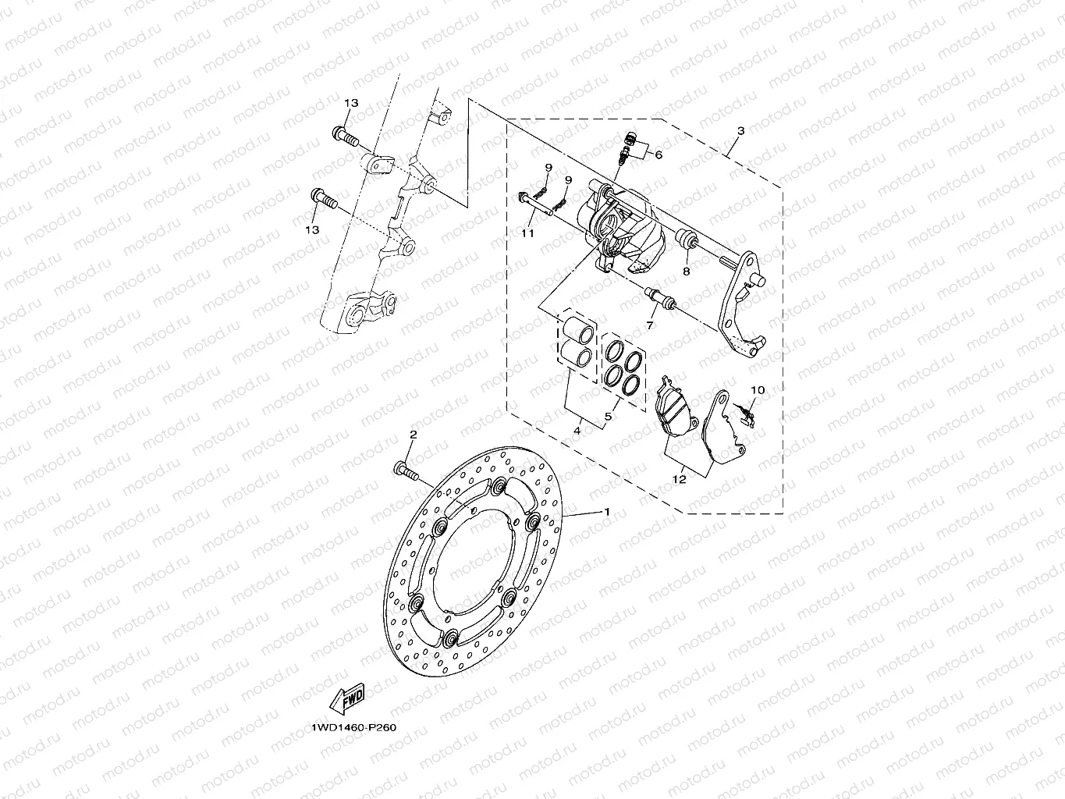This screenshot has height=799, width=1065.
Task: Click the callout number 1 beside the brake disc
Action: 605,512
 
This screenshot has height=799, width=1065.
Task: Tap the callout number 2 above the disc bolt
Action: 414,434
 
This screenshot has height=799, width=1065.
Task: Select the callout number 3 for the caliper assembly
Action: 741,131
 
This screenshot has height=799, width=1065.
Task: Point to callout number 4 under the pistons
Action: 577,430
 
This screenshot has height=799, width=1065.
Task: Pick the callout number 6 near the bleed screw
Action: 659,154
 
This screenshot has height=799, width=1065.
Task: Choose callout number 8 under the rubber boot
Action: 687,272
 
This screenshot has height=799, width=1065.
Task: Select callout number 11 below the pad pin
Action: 527,233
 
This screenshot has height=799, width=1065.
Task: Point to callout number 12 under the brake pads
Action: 680,479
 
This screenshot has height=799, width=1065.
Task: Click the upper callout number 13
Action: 351,104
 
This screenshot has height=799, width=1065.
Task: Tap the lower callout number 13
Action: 313,229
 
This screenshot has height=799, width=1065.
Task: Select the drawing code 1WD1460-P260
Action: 354,728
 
